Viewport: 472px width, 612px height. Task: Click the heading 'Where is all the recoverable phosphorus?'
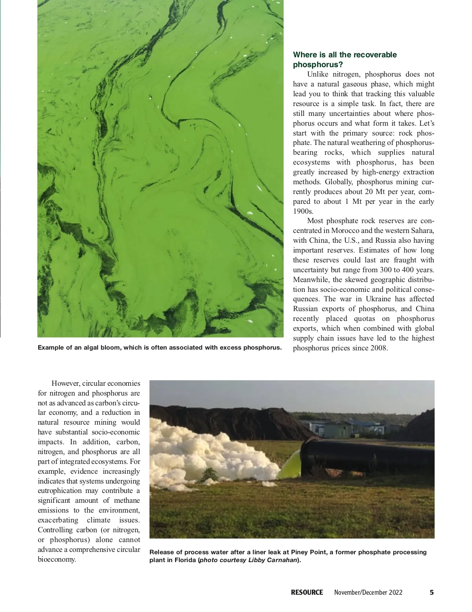(345, 59)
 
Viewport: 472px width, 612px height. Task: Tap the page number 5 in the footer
(431, 592)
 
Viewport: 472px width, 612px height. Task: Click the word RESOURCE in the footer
(307, 592)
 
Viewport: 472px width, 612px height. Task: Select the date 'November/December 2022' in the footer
(368, 592)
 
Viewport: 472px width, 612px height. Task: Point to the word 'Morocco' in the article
(345, 231)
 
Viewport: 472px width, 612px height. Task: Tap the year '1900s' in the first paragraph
(303, 211)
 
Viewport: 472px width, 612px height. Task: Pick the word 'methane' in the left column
(127, 500)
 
